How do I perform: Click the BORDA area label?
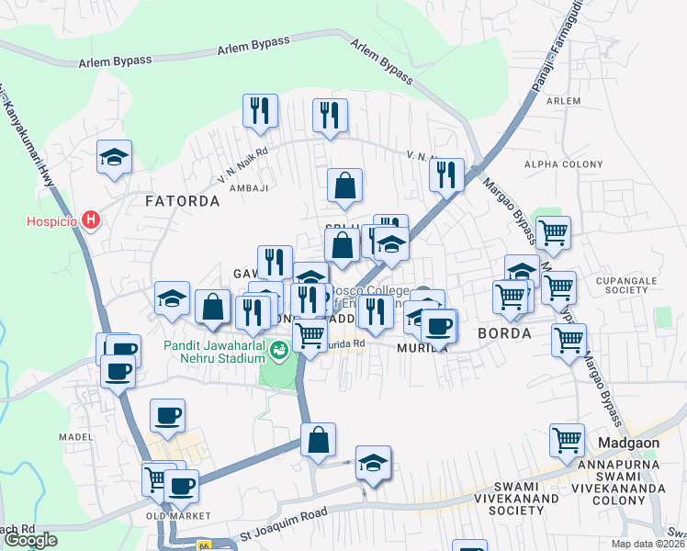click(x=504, y=334)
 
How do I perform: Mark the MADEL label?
click(x=76, y=437)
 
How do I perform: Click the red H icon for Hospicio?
click(x=90, y=219)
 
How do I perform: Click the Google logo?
click(x=31, y=540)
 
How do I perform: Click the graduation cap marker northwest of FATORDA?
click(x=115, y=158)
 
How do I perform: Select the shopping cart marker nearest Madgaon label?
click(x=568, y=440)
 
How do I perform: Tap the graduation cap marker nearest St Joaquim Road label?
click(x=373, y=464)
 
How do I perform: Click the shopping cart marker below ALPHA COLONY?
click(x=553, y=233)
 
